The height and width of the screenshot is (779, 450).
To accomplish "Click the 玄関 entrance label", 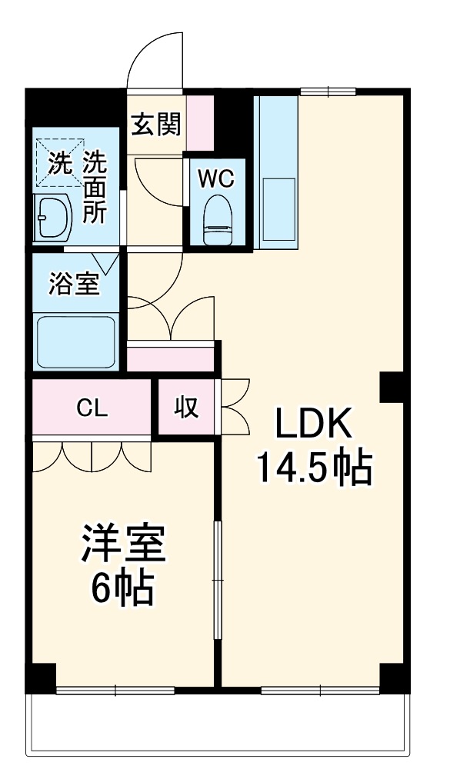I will pos(156,124).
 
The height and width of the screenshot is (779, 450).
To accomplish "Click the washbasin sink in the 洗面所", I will pos(52,216).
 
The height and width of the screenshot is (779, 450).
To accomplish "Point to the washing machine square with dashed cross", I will pos(58,162).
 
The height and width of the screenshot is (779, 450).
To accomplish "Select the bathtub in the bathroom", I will pos(75,341).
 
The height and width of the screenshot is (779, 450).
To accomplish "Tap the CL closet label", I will pos(91,408).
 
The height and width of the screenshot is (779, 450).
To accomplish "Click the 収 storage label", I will pos(186,408).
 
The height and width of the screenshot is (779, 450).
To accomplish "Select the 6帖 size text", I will pos(123,589).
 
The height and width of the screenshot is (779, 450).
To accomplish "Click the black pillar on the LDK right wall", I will pos(392,387).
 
